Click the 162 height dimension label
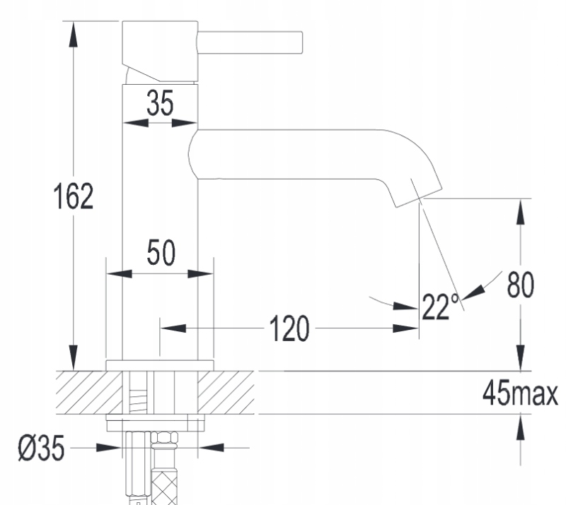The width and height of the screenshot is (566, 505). [x=74, y=196]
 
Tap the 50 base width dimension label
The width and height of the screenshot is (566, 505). [x=161, y=252]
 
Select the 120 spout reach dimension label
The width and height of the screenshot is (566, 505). [x=289, y=328]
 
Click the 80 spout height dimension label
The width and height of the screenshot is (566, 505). [x=521, y=285]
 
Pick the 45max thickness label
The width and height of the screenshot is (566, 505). [x=520, y=393]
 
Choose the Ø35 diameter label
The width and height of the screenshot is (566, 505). [x=42, y=448]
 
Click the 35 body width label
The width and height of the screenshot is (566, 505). [x=160, y=102]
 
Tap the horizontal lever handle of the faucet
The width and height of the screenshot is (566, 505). [x=250, y=43]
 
